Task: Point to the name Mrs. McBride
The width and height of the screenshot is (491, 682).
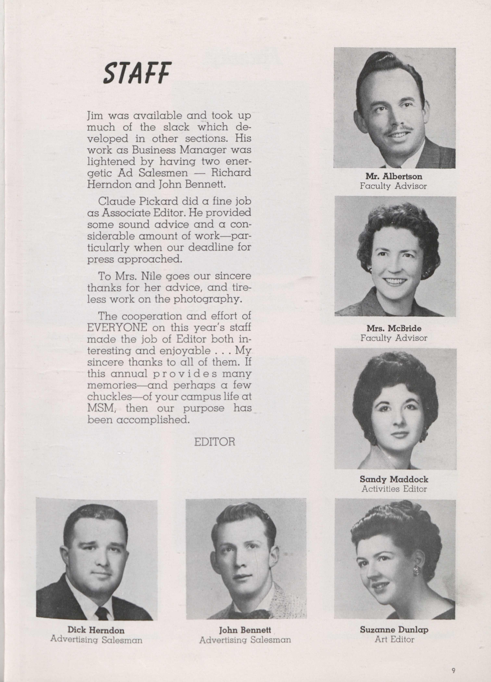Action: click(394, 328)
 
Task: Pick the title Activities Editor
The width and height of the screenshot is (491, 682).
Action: click(394, 489)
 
